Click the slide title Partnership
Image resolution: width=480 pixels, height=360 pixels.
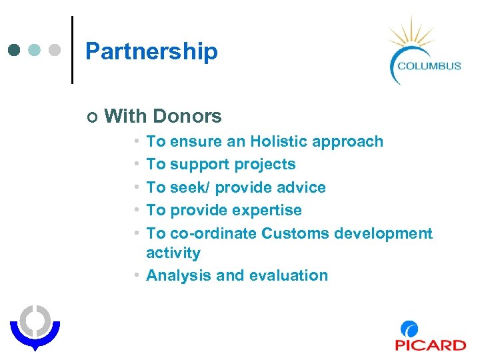coord(151,51)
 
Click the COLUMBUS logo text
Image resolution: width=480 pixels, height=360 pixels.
coord(429,65)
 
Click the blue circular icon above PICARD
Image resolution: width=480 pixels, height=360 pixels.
coord(409,329)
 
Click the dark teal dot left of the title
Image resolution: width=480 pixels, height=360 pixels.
coord(15,51)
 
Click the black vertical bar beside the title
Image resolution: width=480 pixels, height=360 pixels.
coord(72,50)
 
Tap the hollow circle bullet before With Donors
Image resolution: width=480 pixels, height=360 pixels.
coord(91,117)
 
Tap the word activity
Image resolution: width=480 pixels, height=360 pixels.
coord(173,253)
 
